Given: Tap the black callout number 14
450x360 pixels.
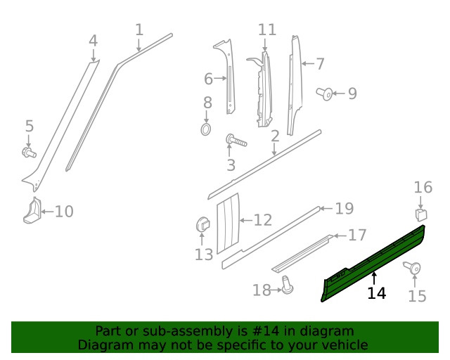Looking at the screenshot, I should [x=377, y=293].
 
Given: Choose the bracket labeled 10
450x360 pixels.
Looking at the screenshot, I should [x=32, y=211].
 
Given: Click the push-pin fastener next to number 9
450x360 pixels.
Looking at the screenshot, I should [x=325, y=93].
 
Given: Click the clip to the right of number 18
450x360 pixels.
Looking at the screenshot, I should [x=287, y=285].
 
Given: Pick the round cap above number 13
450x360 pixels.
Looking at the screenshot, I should [x=202, y=224].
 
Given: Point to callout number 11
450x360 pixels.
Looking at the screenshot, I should [x=267, y=30].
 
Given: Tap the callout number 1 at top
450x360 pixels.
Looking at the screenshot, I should [x=139, y=30].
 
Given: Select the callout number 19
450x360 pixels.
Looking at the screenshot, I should [x=344, y=208].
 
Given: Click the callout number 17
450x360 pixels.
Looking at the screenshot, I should [x=357, y=236].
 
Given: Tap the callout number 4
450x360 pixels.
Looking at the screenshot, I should [x=93, y=41].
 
